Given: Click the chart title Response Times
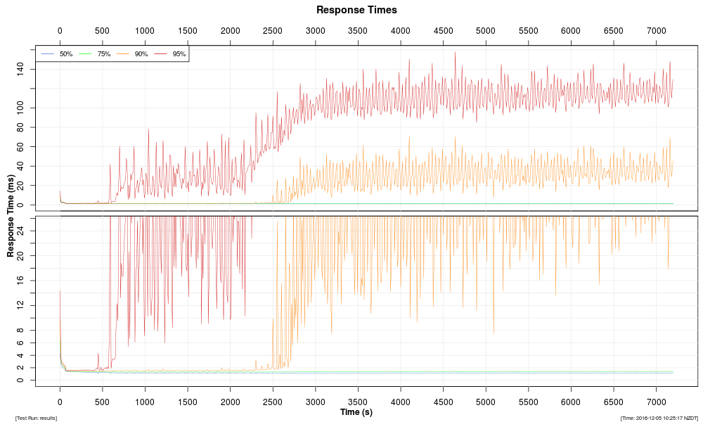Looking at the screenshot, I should coord(356,10).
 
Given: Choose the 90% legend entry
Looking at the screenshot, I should coord(141,54).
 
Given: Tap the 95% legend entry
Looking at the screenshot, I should coord(179,54).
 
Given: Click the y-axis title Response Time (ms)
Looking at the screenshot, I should coord(11,215).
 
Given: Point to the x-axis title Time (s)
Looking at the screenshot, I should coord(356,412).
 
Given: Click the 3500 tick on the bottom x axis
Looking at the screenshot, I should coord(358,402).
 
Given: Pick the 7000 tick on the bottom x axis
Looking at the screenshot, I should coord(656,402).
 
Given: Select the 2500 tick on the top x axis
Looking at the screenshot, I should coord(273,31).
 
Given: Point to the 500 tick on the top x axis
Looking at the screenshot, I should coord(102,31).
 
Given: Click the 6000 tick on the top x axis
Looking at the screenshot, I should coord(571,31).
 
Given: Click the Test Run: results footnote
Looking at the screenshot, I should coord(36,418).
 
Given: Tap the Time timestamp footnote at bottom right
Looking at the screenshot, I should coord(658,418).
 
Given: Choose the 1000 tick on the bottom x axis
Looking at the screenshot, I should coord(145,402).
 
